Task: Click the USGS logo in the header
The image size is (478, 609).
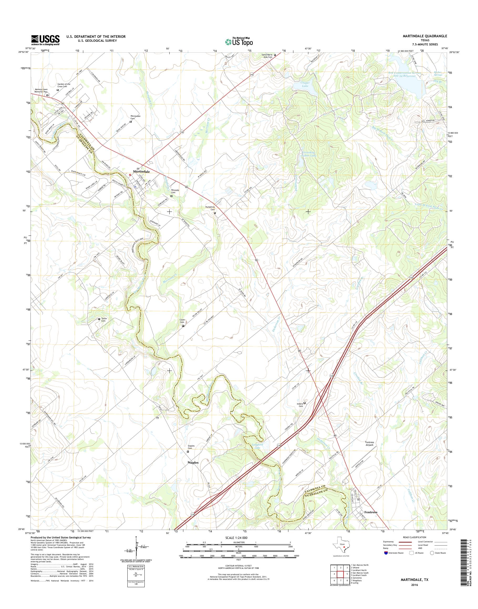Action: coord(45,40)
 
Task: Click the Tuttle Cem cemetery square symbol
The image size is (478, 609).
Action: coord(99,319)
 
